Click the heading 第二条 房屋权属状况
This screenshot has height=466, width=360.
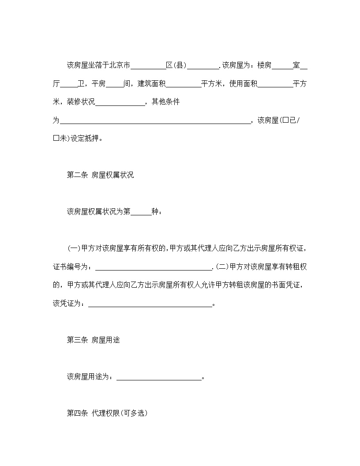tap(100, 175)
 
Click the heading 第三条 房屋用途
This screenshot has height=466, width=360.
tap(93, 340)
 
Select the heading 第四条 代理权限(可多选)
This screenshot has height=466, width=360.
tap(107, 413)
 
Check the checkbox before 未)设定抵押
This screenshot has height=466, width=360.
tap(56, 138)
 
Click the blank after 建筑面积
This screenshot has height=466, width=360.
tap(184, 84)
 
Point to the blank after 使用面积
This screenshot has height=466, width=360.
tap(275, 84)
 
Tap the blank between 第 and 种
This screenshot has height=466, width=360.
tap(141, 212)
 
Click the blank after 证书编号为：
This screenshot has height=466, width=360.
tap(154, 267)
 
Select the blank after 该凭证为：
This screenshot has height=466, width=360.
tap(150, 304)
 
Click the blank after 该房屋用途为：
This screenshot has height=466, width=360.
tap(158, 378)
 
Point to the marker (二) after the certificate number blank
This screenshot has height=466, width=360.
tap(221, 267)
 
